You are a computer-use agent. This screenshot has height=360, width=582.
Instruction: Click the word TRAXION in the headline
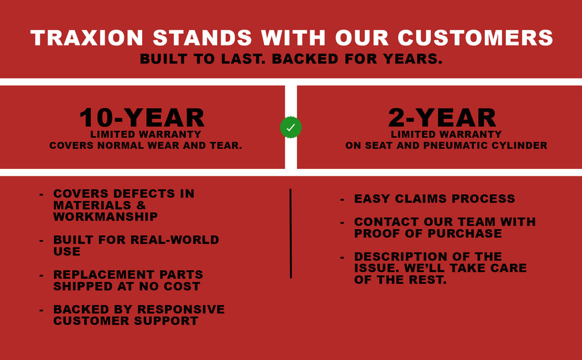[x=87, y=38]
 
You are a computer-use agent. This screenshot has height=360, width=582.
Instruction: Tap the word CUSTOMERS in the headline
[x=476, y=38]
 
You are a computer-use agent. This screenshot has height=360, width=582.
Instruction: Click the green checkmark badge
[x=290, y=127]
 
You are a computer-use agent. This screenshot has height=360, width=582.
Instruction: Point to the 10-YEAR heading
[x=142, y=118]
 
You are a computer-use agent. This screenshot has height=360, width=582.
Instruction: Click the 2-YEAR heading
[x=442, y=118]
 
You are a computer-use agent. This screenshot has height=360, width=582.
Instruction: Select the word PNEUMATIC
[x=456, y=146]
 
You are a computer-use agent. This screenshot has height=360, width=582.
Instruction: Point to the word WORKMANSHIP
[x=105, y=217]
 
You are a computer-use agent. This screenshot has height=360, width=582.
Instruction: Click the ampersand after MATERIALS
[x=141, y=205]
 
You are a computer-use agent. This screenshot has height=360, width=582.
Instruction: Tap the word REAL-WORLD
[x=174, y=239]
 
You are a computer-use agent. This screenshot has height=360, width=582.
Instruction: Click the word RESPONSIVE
[x=181, y=309]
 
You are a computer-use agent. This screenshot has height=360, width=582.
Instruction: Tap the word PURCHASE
[x=465, y=233]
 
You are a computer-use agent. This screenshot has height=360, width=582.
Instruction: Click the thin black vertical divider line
[x=290, y=233]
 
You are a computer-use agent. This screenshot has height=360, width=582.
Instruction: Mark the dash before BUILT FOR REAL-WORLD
[x=41, y=241]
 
